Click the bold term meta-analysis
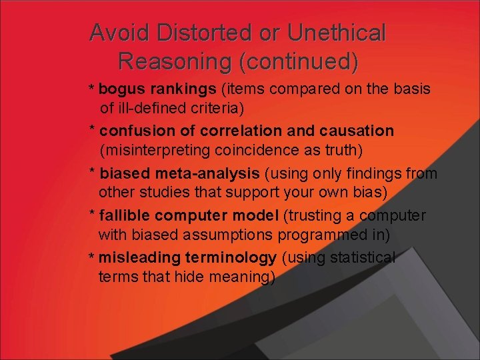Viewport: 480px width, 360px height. tap(213, 174)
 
